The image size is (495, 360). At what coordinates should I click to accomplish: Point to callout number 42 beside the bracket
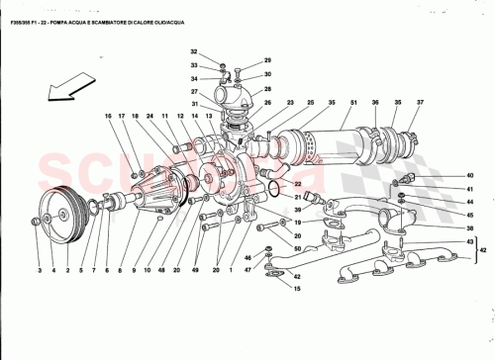tap(481, 251)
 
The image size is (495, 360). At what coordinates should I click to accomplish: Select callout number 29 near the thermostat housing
tap(267, 61)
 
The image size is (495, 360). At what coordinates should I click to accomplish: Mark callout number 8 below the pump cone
tap(118, 269)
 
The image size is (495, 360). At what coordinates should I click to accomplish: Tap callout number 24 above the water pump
tap(150, 117)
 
